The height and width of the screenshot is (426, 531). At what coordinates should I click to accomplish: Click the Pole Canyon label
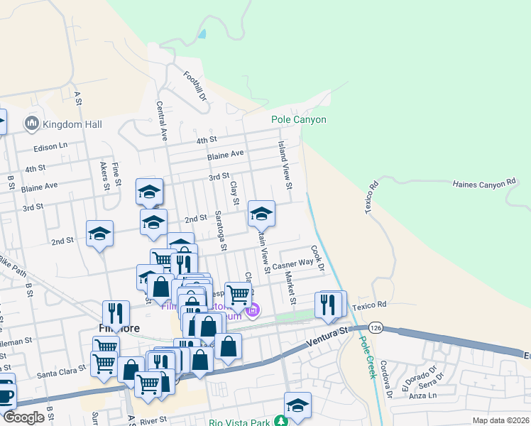pyautogui.click(x=299, y=119)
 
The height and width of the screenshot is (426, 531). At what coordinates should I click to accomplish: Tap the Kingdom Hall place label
pyautogui.click(x=72, y=124)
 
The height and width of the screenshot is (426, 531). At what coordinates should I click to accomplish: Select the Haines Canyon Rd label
pyautogui.click(x=483, y=183)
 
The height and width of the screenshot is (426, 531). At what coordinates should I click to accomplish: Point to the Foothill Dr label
pyautogui.click(x=194, y=85)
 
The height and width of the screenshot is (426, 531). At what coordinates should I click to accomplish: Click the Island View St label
pyautogui.click(x=285, y=165)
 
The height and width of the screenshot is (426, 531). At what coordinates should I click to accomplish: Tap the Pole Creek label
pyautogui.click(x=366, y=357)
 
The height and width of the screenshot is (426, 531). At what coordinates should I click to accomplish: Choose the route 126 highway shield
pyautogui.click(x=376, y=328)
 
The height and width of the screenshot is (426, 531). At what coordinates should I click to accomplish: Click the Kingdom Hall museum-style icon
pyautogui.click(x=31, y=124)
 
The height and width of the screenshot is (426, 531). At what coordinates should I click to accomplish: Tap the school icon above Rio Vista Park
pyautogui.click(x=297, y=405)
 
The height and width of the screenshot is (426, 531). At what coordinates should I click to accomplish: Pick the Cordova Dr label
pyautogui.click(x=387, y=381)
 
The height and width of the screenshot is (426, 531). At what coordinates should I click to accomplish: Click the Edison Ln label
pyautogui.click(x=50, y=145)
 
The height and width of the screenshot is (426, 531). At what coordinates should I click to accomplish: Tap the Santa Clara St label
pyautogui.click(x=61, y=371)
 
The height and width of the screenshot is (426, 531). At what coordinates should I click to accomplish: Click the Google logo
pyautogui.click(x=23, y=417)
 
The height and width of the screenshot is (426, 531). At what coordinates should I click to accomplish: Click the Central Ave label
pyautogui.click(x=161, y=120)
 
